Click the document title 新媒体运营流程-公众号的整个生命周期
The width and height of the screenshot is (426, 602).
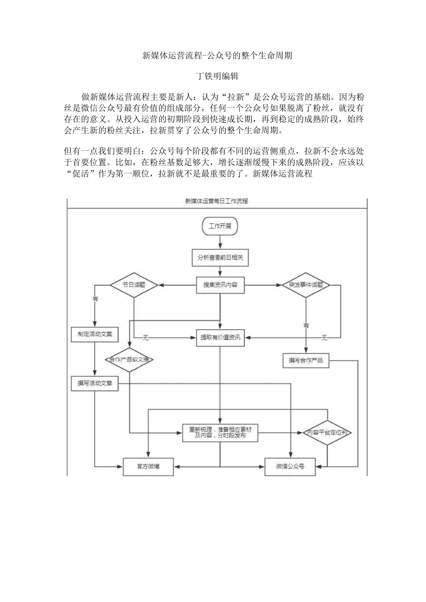click(217, 56)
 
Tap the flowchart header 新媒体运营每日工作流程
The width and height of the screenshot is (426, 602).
click(217, 202)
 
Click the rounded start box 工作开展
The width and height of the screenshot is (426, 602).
click(220, 226)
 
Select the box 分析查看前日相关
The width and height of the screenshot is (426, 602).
click(220, 258)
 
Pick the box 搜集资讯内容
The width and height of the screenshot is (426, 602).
click(220, 285)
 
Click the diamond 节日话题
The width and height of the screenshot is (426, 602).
click(134, 284)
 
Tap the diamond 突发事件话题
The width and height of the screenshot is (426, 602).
click(306, 285)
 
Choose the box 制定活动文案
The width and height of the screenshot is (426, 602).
click(95, 335)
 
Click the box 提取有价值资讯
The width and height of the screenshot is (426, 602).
click(220, 337)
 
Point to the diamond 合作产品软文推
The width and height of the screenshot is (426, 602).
click(130, 360)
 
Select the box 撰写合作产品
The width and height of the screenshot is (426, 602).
click(306, 360)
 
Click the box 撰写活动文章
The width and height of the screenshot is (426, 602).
click(95, 383)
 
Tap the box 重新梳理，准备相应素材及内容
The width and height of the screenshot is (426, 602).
click(220, 433)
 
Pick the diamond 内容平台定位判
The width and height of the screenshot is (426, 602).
click(327, 433)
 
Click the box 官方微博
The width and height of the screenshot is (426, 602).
click(148, 466)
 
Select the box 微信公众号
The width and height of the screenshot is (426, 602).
click(290, 466)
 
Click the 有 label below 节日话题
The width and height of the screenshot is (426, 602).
click(95, 299)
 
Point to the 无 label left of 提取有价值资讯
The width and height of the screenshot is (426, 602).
click(145, 338)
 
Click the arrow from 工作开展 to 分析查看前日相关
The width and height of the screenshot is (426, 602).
click(220, 242)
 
